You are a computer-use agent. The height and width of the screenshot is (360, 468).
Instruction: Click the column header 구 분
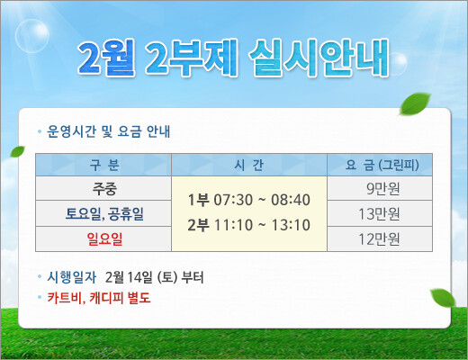point(104,165)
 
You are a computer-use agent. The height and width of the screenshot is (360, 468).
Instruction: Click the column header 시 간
point(248,165)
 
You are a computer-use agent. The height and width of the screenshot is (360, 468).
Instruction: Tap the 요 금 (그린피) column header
point(382,165)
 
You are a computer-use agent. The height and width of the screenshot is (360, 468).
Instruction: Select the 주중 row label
point(104,188)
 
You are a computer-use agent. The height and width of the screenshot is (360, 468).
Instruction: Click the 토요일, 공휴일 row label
point(104,213)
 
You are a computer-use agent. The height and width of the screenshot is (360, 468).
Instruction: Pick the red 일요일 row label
point(104,239)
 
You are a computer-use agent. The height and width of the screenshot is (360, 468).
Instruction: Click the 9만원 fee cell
point(383,189)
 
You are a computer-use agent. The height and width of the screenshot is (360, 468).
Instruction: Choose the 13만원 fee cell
point(379,214)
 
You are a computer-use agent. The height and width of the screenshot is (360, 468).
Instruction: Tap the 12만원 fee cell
point(379,239)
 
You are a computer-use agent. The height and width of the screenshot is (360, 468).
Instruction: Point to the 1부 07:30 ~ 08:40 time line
point(249,200)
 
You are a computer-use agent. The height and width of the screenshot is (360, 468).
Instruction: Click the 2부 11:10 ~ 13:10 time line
point(249,225)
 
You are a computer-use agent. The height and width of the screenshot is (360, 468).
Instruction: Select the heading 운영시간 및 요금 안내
point(108,131)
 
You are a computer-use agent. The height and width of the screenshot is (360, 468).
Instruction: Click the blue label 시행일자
point(71,277)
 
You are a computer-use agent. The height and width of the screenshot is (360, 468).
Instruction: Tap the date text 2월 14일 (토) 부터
point(154,277)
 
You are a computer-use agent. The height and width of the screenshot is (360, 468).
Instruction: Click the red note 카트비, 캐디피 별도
point(99,298)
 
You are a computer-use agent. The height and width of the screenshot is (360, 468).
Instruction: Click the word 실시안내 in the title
point(319,58)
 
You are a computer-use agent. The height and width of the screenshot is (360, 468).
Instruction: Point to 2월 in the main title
point(106,58)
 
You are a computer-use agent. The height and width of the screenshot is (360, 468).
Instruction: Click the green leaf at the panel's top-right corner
point(414,103)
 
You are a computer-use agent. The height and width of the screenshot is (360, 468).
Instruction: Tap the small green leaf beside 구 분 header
point(17,151)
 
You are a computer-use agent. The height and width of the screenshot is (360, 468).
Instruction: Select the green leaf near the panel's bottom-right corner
point(443,298)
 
